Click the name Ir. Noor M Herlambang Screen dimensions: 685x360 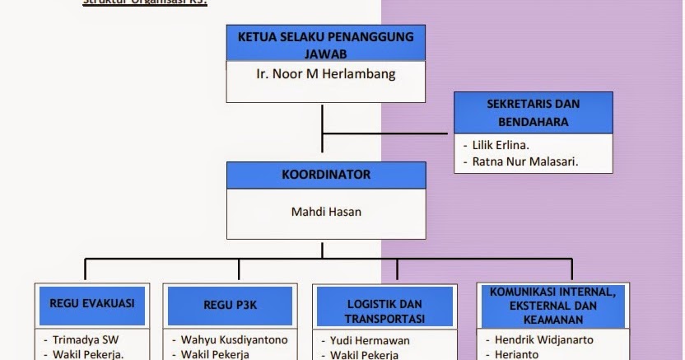pyautogui.click(x=325, y=74)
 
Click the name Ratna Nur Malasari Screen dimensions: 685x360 pyautogui.click(x=525, y=161)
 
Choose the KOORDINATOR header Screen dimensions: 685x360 pyautogui.click(x=326, y=175)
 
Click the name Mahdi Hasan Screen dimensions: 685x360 pyautogui.click(x=326, y=212)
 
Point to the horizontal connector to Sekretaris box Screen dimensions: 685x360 pyautogui.click(x=387, y=133)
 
